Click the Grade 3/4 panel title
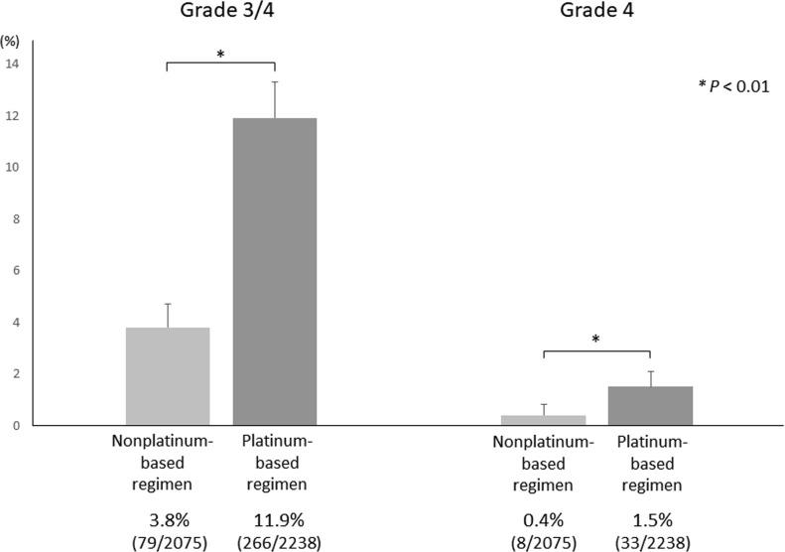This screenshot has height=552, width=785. [220, 13]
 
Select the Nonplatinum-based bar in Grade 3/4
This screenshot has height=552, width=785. [167, 376]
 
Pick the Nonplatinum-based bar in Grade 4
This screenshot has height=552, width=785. [544, 420]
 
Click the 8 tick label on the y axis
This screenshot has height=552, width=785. [15, 219]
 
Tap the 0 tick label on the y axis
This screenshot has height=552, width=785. [15, 426]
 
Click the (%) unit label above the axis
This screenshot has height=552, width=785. [11, 42]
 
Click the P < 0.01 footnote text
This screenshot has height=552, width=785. [731, 87]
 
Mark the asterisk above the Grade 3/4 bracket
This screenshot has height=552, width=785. [220, 55]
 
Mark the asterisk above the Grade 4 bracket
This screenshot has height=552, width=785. [595, 340]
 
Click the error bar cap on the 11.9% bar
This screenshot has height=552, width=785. [275, 82]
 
